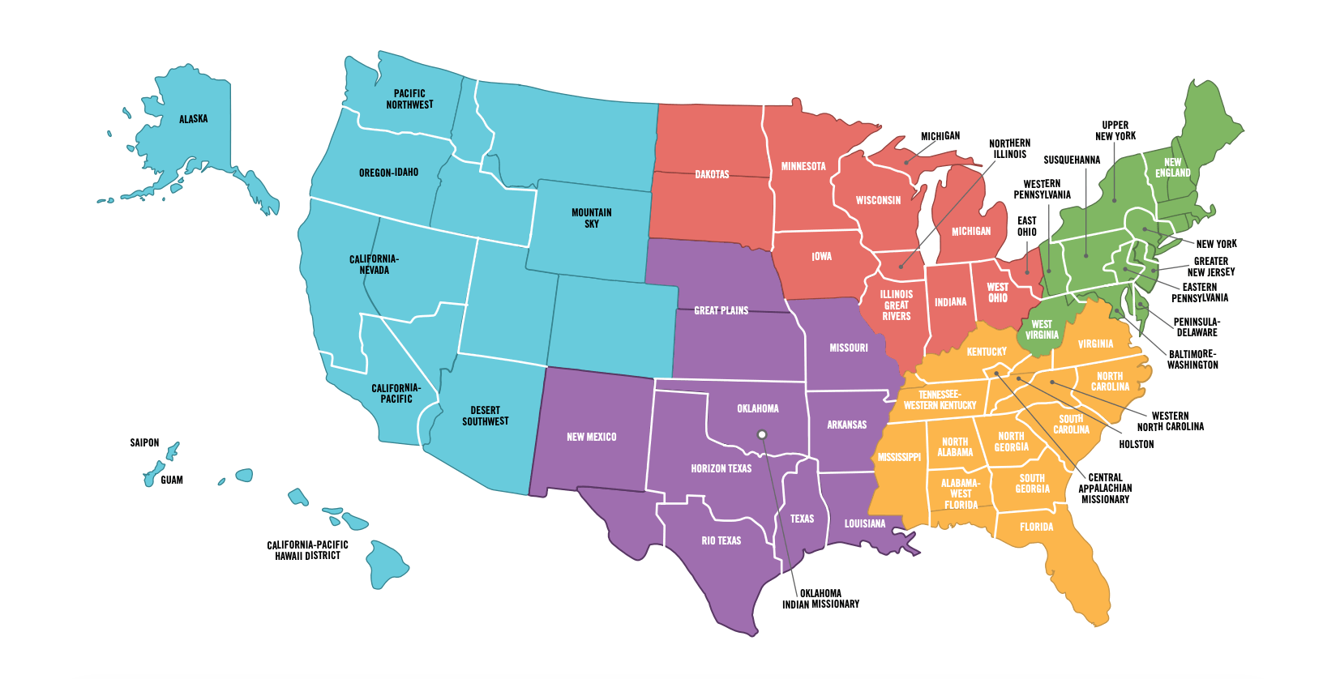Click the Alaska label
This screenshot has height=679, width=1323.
tap(193, 119)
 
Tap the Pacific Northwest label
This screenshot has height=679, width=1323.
tap(409, 99)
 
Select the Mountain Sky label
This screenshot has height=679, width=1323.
tap(592, 218)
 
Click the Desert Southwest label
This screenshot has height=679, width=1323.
tap(486, 416)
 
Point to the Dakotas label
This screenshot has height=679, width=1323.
tap(712, 174)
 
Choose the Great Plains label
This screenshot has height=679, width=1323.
tap(721, 310)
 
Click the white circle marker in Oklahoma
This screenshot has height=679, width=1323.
tap(762, 435)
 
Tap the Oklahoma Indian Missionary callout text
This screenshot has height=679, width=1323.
tap(820, 599)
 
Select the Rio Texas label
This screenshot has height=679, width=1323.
tap(721, 540)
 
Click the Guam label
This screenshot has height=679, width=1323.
tap(172, 480)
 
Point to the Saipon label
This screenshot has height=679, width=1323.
tap(144, 442)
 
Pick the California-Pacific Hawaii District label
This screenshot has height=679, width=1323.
tap(307, 550)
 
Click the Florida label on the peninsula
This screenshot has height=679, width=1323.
tap(1036, 527)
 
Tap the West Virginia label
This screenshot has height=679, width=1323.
tap(1042, 330)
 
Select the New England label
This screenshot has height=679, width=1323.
tap(1172, 168)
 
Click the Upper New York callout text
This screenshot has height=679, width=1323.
tap(1115, 130)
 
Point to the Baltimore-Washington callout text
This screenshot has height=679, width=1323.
tap(1192, 360)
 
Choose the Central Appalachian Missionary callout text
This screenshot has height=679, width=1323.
tap(1105, 489)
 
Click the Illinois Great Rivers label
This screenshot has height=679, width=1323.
tap(897, 305)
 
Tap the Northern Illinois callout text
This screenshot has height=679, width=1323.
tap(1009, 148)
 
